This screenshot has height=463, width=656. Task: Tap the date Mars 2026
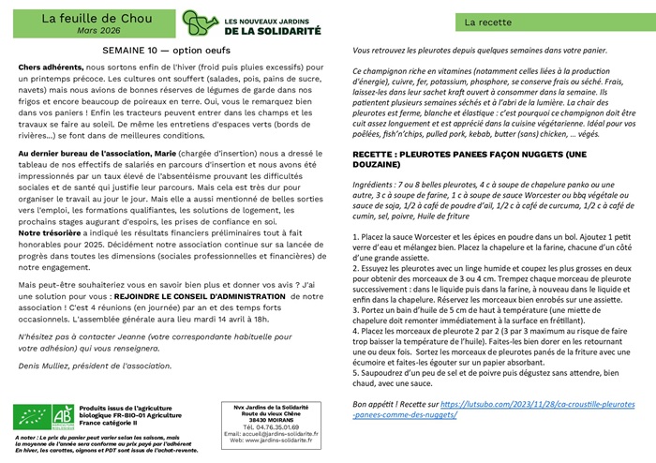(88, 30)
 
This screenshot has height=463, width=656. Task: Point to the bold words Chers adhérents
(49, 69)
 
